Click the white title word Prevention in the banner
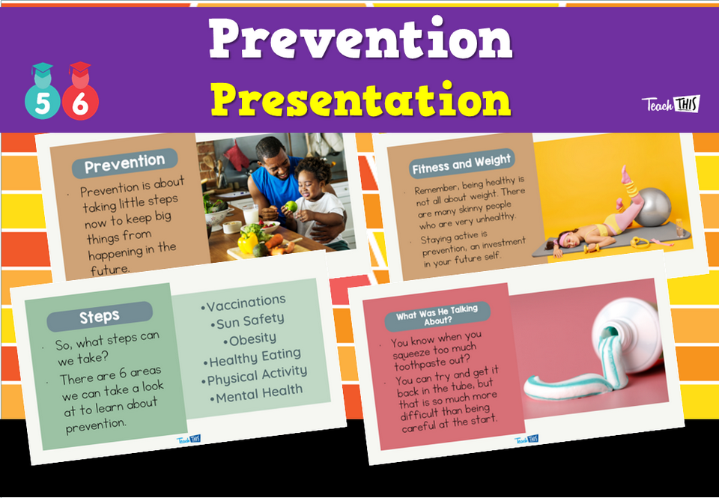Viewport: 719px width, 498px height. tap(360, 39)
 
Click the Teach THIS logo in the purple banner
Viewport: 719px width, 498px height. tap(670, 104)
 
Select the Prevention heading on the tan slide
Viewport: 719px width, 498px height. tap(124, 162)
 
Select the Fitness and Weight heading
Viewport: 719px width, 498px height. tap(461, 163)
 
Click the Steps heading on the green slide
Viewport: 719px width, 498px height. tap(100, 317)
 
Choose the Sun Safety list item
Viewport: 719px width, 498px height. tap(249, 322)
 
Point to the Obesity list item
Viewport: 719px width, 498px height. tap(252, 339)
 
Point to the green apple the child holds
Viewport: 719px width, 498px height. tap(290, 207)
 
